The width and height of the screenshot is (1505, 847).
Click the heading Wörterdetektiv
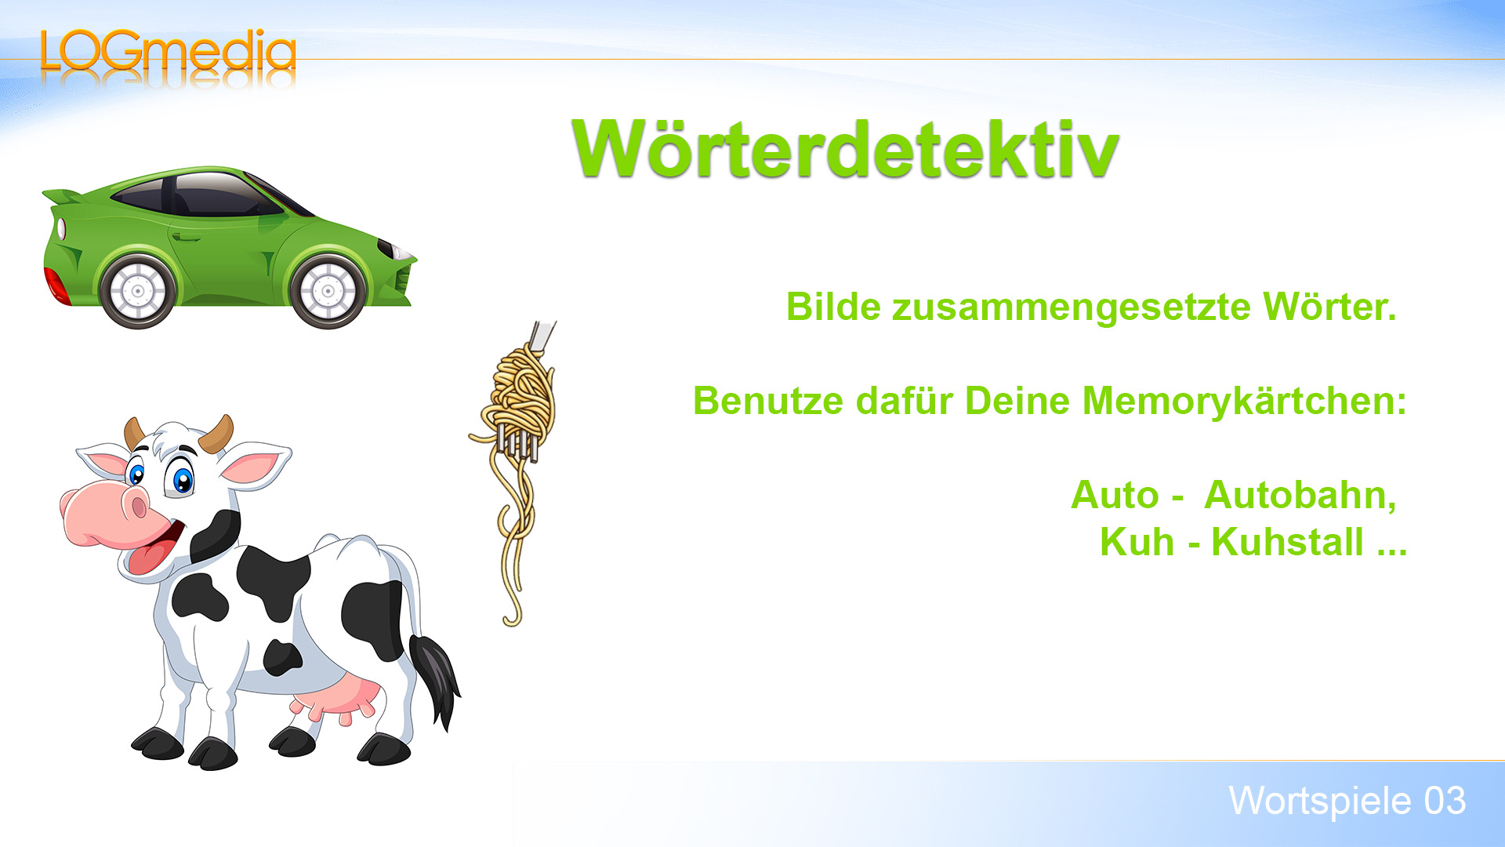tap(845, 149)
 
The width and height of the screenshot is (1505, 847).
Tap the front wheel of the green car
tap(328, 291)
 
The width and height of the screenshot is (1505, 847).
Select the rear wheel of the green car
tap(138, 291)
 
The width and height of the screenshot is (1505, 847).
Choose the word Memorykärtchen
tap(1244, 402)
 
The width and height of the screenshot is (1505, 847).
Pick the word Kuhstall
tap(1287, 543)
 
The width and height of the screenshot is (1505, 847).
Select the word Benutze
tap(768, 402)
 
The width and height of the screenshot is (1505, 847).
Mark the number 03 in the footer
tap(1445, 802)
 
